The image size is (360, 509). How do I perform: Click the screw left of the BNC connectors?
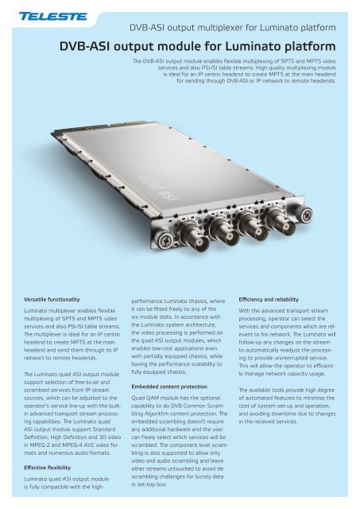pyautogui.click(x=173, y=243)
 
